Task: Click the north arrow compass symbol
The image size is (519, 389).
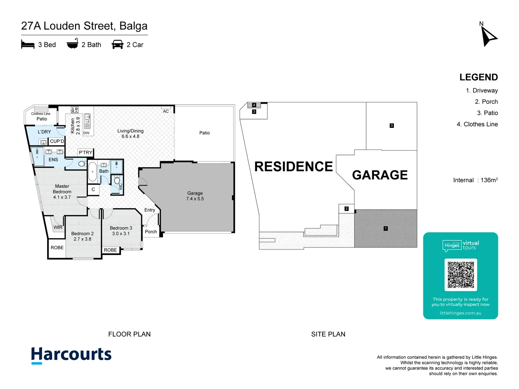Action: (x=488, y=36)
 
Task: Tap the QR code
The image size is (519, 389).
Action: (x=461, y=275)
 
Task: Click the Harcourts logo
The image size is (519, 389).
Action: (x=71, y=355)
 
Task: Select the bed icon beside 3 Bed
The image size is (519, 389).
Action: (x=28, y=45)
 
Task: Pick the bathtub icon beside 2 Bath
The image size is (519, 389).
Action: (x=72, y=44)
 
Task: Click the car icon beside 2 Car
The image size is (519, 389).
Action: (x=117, y=45)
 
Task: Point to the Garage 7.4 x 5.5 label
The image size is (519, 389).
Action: (x=195, y=196)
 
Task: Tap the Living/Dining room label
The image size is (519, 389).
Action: (x=130, y=134)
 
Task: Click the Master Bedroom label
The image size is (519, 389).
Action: (x=62, y=192)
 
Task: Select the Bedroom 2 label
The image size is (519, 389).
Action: (x=82, y=236)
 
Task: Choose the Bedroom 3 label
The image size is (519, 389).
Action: (x=121, y=231)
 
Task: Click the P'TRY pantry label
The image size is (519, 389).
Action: (x=85, y=152)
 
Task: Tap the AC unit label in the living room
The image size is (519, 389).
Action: (x=166, y=111)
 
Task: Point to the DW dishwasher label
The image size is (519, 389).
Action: (x=86, y=133)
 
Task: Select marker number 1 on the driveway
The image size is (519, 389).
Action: (x=386, y=228)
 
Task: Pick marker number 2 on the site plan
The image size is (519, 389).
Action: (x=346, y=209)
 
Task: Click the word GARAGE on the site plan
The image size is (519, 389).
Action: (x=380, y=175)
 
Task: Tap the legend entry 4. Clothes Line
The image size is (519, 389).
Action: (x=477, y=124)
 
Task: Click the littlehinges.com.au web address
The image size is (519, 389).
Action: (x=460, y=313)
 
